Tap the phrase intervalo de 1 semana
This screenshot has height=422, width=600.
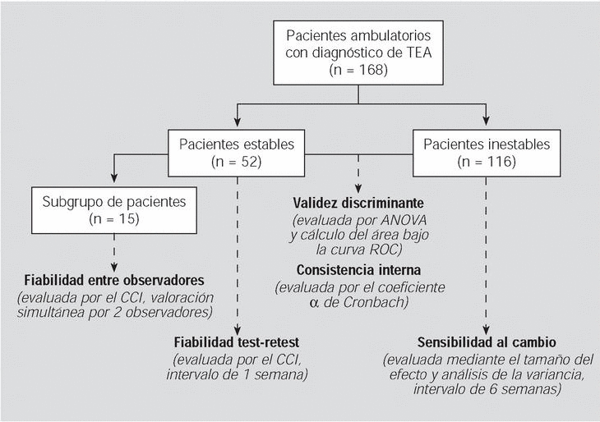coord(238,375)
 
